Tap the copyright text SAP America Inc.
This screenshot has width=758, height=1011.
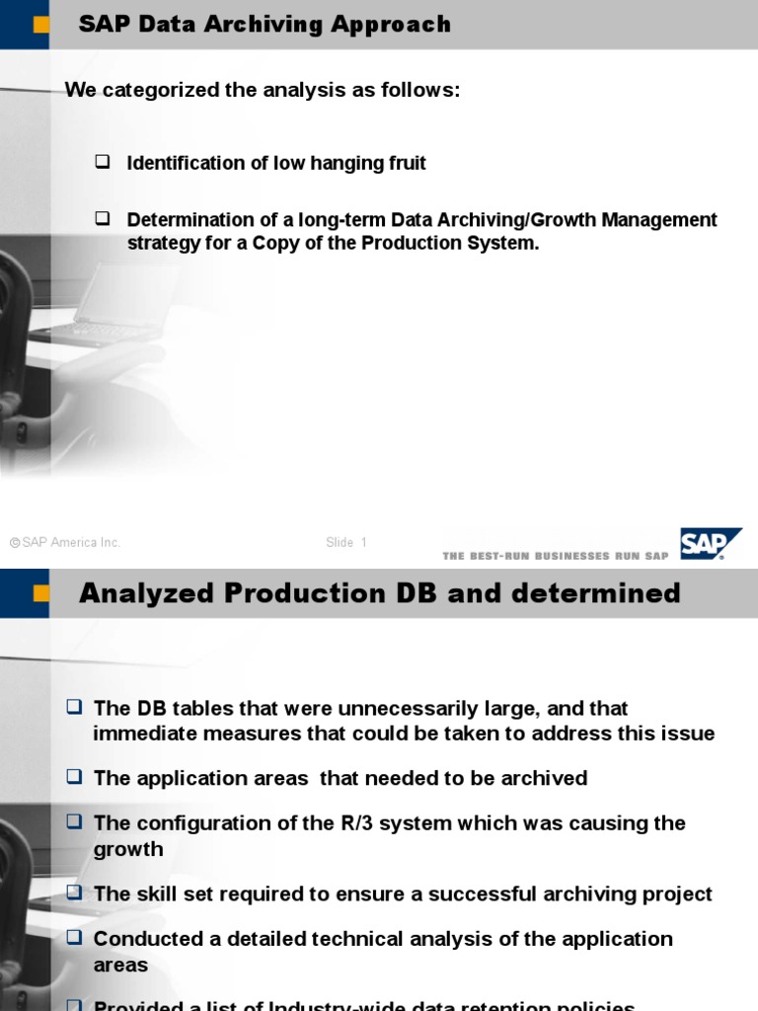pyautogui.click(x=65, y=542)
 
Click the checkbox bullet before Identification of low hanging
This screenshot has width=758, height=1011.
pyautogui.click(x=102, y=162)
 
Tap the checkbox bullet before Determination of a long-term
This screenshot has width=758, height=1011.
pyautogui.click(x=102, y=219)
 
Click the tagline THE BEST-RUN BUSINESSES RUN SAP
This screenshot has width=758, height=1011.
pyautogui.click(x=556, y=556)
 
